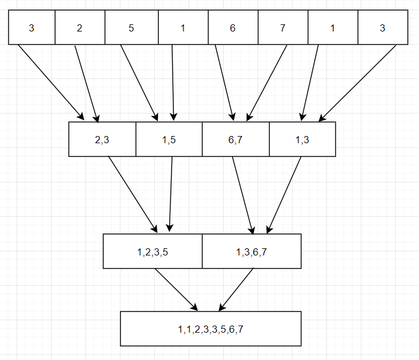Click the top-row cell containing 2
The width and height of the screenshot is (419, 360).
pyautogui.click(x=80, y=28)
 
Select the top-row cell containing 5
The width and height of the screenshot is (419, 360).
pyautogui.click(x=131, y=28)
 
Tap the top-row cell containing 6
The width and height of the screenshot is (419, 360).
pyautogui.click(x=233, y=28)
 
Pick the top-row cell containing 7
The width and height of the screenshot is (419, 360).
pyautogui.click(x=282, y=28)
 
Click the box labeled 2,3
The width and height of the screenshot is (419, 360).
pyautogui.click(x=102, y=139)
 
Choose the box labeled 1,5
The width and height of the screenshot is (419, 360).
pyautogui.click(x=169, y=139)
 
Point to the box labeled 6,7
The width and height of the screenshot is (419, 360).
pyautogui.click(x=236, y=139)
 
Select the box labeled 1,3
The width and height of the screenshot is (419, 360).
pyautogui.click(x=302, y=139)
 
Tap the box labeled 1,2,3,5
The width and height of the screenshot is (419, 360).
pyautogui.click(x=153, y=251)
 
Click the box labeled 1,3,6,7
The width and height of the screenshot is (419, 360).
pyautogui.click(x=252, y=251)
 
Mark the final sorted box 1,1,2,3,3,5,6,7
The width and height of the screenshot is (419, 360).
pyautogui.click(x=210, y=329)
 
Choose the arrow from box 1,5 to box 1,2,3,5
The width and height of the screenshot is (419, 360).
pyautogui.click(x=171, y=194)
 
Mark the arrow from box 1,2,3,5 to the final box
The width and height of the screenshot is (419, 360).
pyautogui.click(x=176, y=289)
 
